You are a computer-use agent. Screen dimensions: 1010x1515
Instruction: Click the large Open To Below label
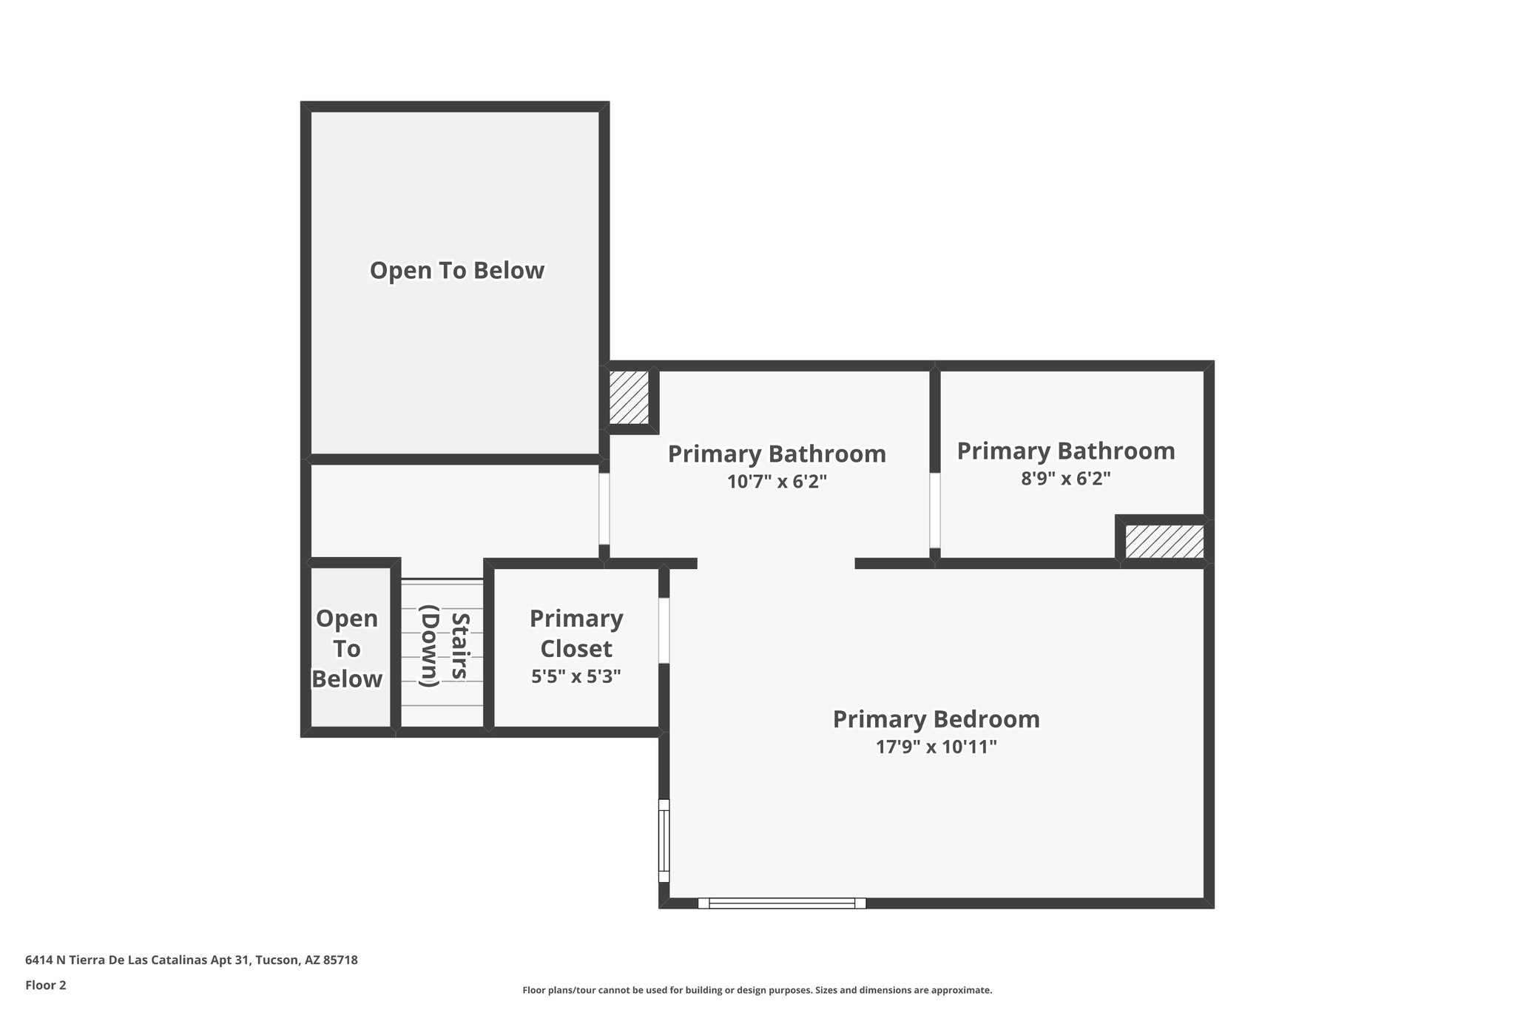456,271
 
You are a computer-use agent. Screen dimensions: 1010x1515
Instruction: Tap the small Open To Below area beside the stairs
347,648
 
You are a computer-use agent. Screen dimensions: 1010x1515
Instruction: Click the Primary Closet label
576,633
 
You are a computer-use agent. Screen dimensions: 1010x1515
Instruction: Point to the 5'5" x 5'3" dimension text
576,676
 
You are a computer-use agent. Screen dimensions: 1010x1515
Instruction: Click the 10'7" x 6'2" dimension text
776,482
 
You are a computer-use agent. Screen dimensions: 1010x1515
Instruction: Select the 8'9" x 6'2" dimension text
1065,479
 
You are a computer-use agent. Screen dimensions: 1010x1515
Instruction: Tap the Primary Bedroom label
936,719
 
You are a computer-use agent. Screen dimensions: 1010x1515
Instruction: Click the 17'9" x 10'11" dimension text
936,747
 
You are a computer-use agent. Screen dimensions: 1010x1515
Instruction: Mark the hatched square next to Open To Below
629,397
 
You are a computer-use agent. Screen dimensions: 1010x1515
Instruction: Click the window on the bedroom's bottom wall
781,903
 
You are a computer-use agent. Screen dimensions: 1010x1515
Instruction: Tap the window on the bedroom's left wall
664,841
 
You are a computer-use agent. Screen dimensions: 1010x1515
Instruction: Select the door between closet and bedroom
664,630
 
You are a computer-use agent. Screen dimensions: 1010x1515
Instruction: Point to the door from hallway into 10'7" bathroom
604,509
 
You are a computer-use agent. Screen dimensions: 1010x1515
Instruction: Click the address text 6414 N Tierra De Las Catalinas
191,960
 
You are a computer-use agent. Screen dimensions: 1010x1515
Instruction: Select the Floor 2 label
46,986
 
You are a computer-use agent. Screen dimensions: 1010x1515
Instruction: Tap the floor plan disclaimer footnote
757,990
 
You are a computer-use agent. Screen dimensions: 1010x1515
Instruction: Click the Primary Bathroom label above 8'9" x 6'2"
1065,451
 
